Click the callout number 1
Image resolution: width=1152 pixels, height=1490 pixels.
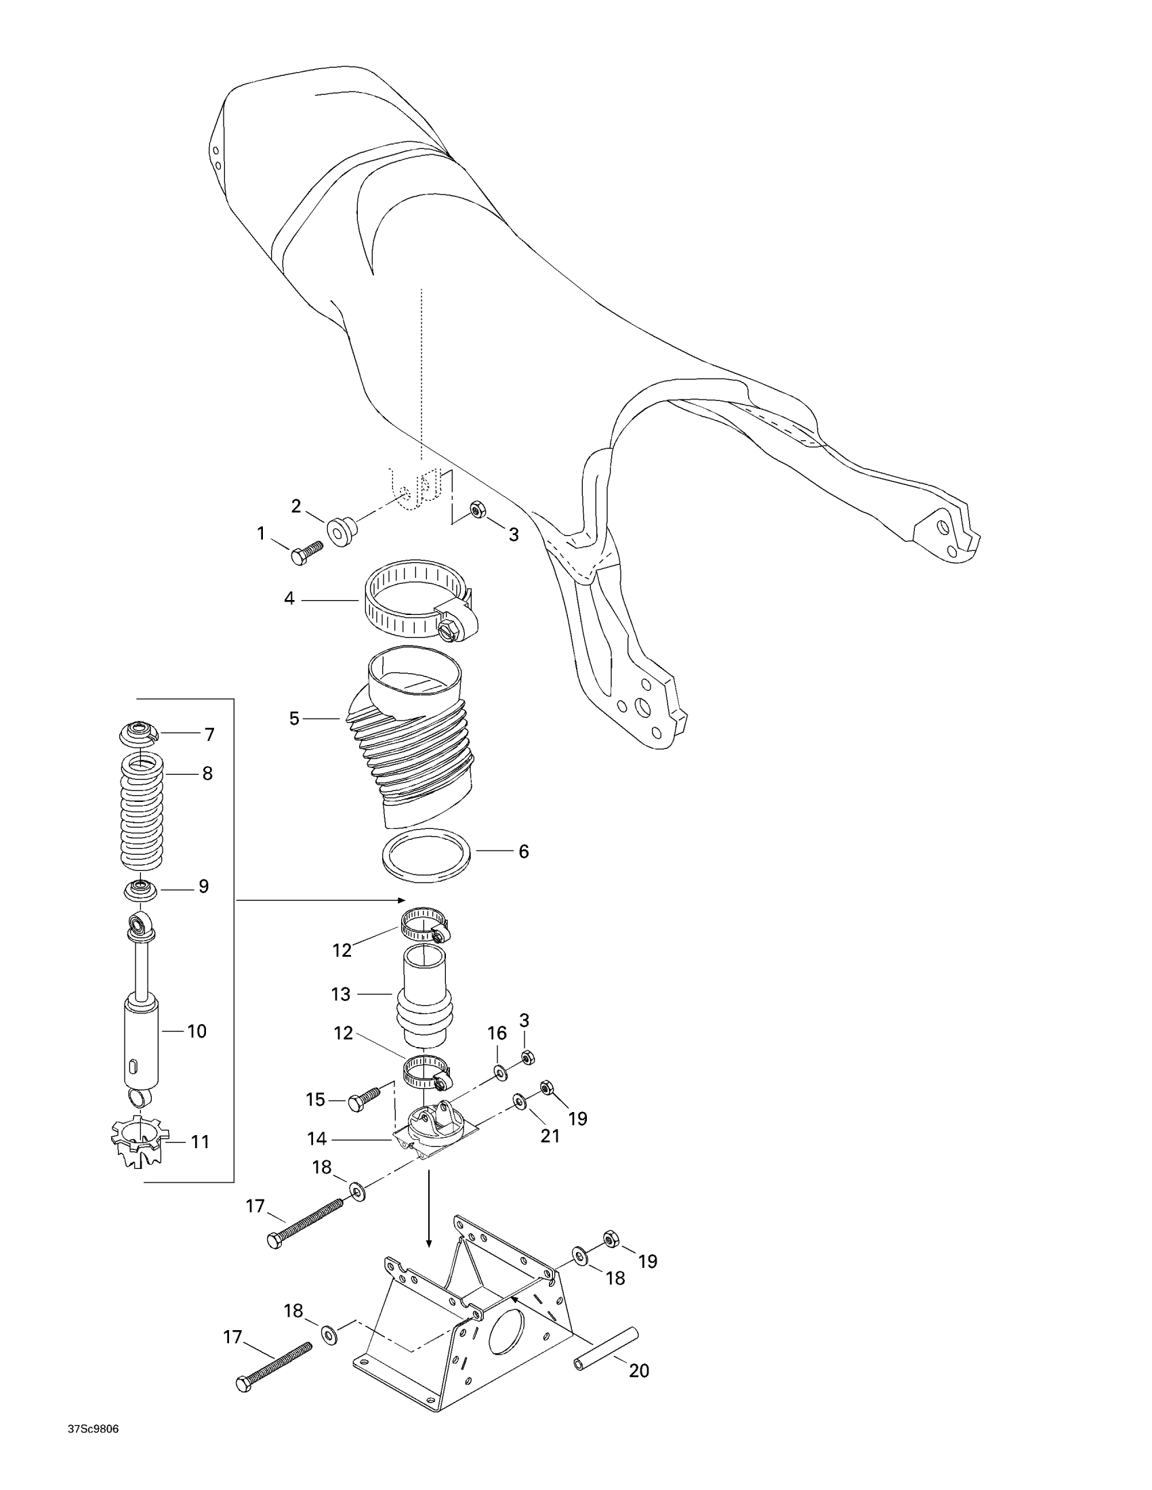[261, 534]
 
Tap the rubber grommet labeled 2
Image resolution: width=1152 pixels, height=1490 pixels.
[342, 530]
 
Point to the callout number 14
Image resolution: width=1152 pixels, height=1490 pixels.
[317, 1139]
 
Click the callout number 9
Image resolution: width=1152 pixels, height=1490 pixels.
[203, 887]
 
